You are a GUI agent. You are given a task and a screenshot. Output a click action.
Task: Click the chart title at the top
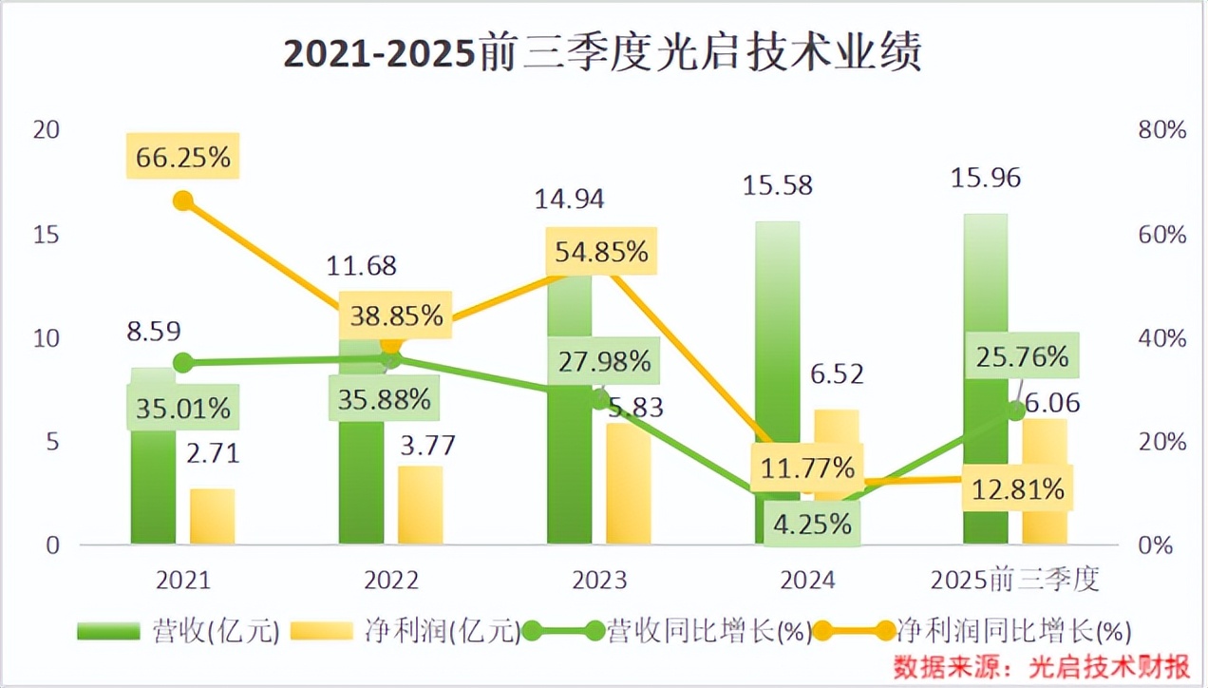tap(603, 54)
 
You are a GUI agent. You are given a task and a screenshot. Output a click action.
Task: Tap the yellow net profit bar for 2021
tap(212, 518)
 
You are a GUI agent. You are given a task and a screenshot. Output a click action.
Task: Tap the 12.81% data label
tap(1017, 489)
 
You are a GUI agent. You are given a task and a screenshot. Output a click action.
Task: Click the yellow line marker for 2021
tap(183, 201)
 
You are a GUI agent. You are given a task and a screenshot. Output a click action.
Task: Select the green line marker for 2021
tap(183, 362)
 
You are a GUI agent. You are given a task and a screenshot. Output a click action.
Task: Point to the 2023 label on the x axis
tap(599, 580)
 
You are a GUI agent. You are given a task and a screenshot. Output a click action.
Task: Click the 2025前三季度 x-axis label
tap(1014, 580)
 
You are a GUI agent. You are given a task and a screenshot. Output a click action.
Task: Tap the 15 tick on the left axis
tap(46, 234)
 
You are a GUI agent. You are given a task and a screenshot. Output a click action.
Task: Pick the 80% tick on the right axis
tap(1161, 130)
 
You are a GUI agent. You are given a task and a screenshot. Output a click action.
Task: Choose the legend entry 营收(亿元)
tap(179, 630)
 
